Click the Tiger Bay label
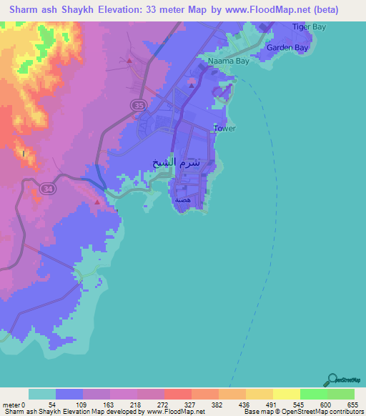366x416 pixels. (309, 26)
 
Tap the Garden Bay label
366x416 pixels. (287, 48)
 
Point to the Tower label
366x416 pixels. (224, 129)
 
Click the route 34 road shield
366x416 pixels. (47, 188)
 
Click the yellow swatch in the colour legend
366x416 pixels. (287, 394)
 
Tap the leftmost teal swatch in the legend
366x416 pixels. (42, 394)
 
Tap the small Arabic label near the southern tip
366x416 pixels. (184, 200)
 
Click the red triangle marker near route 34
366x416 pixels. (96, 202)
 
